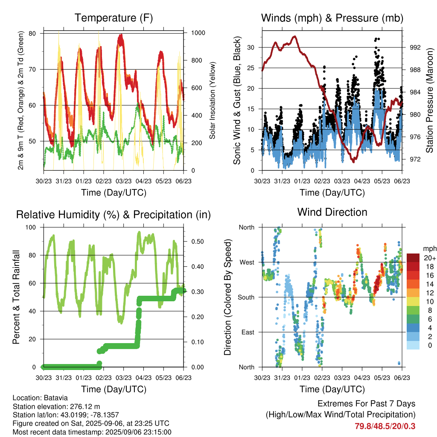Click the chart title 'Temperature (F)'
[x=114, y=18]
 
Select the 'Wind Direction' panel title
[x=332, y=212]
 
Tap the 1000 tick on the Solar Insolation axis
[x=198, y=33]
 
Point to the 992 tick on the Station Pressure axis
[x=415, y=47]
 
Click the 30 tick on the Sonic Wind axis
[x=251, y=47]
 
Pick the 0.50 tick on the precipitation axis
[x=198, y=242]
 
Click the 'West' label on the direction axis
[x=247, y=262]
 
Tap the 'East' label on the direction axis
[x=248, y=332]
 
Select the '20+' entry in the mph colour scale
[x=430, y=258]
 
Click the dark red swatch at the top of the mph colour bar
[x=413, y=258]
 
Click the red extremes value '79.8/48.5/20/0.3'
[x=385, y=426]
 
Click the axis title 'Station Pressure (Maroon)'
[x=429, y=100]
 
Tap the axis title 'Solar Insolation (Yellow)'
[x=213, y=100]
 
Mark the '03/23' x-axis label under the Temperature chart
[x=123, y=181]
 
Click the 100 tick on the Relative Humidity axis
[x=31, y=227]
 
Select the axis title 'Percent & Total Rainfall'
[x=16, y=297]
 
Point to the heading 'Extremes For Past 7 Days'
[x=367, y=404]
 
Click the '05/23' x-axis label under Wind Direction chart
[x=382, y=378]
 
